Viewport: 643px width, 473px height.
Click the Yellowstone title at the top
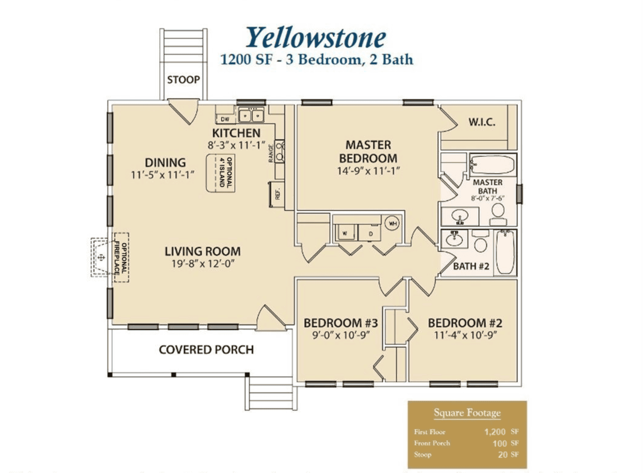point(315,37)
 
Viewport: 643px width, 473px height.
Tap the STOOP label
point(183,80)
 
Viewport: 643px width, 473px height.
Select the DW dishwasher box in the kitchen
point(225,119)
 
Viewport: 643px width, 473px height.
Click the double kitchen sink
point(251,116)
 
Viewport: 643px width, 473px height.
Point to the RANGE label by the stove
point(271,153)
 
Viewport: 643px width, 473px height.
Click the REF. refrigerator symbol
point(277,194)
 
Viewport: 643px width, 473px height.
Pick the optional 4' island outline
point(221,173)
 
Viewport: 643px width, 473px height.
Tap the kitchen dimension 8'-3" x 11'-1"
point(236,145)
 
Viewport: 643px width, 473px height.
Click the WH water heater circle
point(392,223)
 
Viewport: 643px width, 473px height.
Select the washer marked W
point(345,233)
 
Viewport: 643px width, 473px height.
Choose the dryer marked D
point(370,233)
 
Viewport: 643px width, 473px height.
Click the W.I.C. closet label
point(481,122)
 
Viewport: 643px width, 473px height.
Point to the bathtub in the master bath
point(493,165)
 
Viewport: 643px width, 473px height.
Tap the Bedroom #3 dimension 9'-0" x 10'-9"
point(340,335)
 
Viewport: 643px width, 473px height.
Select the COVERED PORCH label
point(206,350)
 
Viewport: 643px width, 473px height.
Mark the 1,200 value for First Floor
point(495,432)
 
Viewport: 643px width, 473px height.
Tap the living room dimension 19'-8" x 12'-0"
point(203,264)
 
